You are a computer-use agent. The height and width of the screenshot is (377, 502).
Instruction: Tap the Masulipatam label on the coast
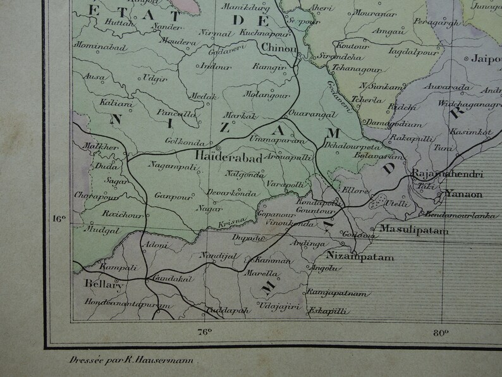413,231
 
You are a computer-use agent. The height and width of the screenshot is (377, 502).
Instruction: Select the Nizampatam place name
360,257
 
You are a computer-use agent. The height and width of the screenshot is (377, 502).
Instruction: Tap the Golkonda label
164,142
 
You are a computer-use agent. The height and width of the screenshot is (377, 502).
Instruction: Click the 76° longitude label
204,331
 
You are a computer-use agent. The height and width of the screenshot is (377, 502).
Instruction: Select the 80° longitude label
441,331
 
